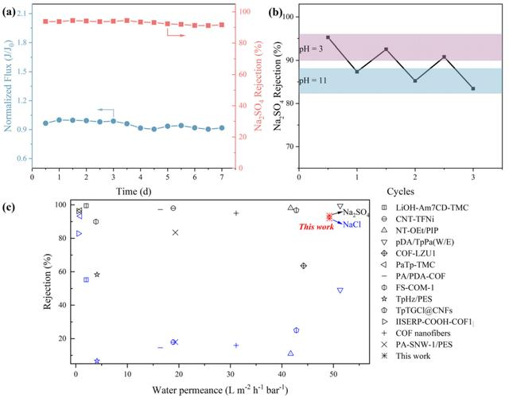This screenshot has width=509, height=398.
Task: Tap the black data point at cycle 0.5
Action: pos(328,37)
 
